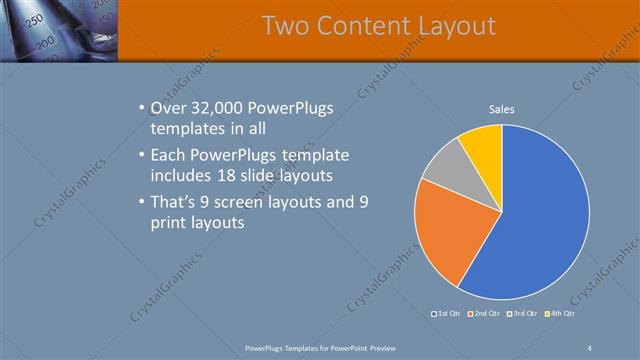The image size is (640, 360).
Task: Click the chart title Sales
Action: point(501,109)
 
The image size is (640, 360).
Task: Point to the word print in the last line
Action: point(170,223)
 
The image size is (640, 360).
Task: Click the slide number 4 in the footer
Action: point(590,347)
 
